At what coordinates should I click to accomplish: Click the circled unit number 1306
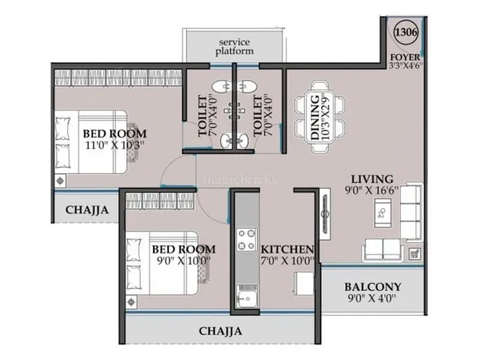coord(406,32)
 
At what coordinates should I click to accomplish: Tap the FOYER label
coord(406,57)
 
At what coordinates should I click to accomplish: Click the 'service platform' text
coord(234,47)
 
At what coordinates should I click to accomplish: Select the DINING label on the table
coord(315,118)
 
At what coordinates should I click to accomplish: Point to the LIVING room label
coord(372,179)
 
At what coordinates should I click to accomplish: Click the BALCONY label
coord(373,287)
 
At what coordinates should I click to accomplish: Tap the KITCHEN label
coord(287,249)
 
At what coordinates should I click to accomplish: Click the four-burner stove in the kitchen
coord(246,239)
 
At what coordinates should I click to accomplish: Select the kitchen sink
coord(247,296)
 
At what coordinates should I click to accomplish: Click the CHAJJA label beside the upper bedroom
coord(86,210)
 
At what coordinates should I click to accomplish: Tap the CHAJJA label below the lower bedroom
coord(220,331)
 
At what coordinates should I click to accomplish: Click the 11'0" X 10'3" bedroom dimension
coord(115,145)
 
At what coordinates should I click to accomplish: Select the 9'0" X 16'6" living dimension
coord(372,190)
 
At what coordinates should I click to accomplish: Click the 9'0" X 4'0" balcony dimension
coord(372,298)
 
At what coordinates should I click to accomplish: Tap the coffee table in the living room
coord(383,213)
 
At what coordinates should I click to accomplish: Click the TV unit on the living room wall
coord(324,214)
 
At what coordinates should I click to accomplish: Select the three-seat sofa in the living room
coord(412,211)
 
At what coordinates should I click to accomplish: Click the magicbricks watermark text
coord(240,179)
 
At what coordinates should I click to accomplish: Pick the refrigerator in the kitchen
coord(304,283)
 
